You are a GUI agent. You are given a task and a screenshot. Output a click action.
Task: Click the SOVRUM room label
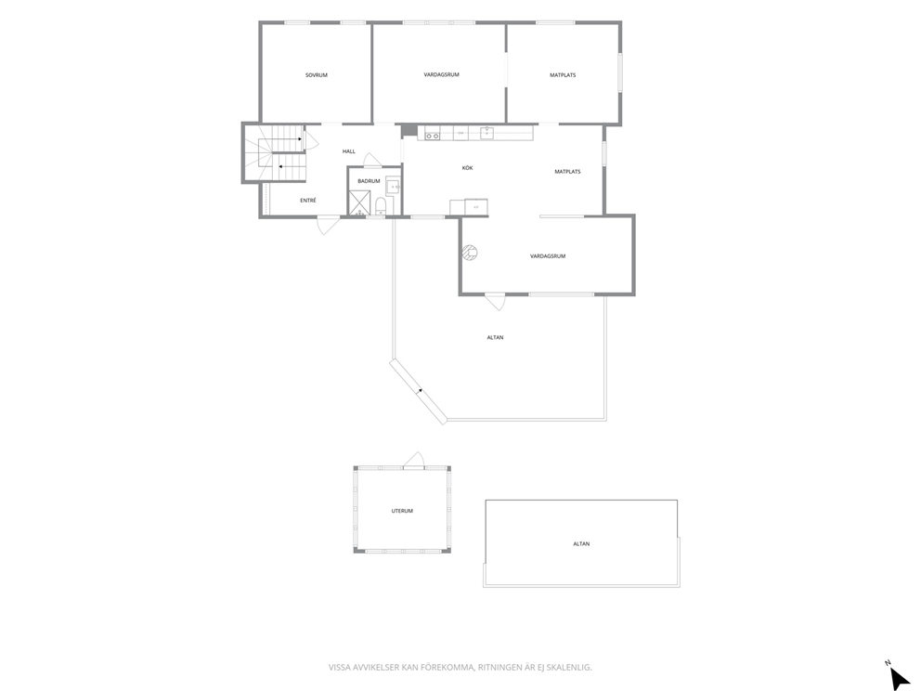pos(316,75)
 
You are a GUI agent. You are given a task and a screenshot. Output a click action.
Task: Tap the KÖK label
pos(467,168)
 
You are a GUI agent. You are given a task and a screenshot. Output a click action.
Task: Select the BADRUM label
pos(369,181)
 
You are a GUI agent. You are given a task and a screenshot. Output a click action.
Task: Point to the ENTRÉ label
pos(308,201)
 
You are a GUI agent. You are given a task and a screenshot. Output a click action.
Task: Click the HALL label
pos(349,151)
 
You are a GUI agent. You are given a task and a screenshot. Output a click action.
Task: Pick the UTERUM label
pos(402,511)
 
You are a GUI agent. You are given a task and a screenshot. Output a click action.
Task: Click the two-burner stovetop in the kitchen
pos(433,136)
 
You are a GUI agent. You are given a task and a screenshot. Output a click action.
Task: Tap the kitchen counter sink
pos(486,133)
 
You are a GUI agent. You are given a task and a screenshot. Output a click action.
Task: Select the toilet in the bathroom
pos(381,205)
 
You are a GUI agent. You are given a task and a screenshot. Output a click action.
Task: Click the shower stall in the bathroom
pos(359,202)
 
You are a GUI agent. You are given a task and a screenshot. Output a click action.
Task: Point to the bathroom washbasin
pos(394,187)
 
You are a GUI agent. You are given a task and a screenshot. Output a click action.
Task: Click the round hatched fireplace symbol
pos(469,253)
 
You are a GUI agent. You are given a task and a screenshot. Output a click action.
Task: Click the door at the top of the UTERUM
pos(413,460)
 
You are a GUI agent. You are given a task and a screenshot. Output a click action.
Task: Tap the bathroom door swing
pos(372,160)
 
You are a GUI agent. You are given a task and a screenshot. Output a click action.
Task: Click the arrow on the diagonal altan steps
pos(421,389)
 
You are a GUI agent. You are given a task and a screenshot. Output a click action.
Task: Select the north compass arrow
pos(899,677)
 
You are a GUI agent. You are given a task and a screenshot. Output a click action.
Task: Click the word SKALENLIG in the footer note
pos(572,668)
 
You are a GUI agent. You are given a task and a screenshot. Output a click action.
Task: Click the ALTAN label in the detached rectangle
pos(581,544)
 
